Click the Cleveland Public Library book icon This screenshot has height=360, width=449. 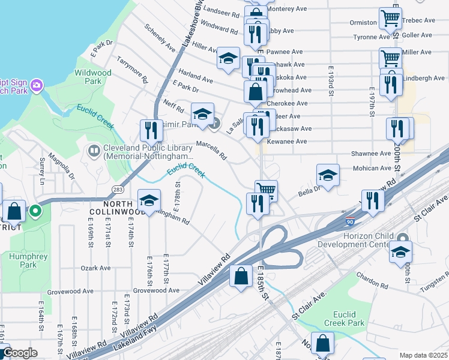coord(94,150)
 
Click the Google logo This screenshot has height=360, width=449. coord(19,353)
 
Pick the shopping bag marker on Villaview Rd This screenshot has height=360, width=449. coord(241,276)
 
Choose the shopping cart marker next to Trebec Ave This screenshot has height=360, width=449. coord(390,19)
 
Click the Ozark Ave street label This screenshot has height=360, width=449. coord(97,268)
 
